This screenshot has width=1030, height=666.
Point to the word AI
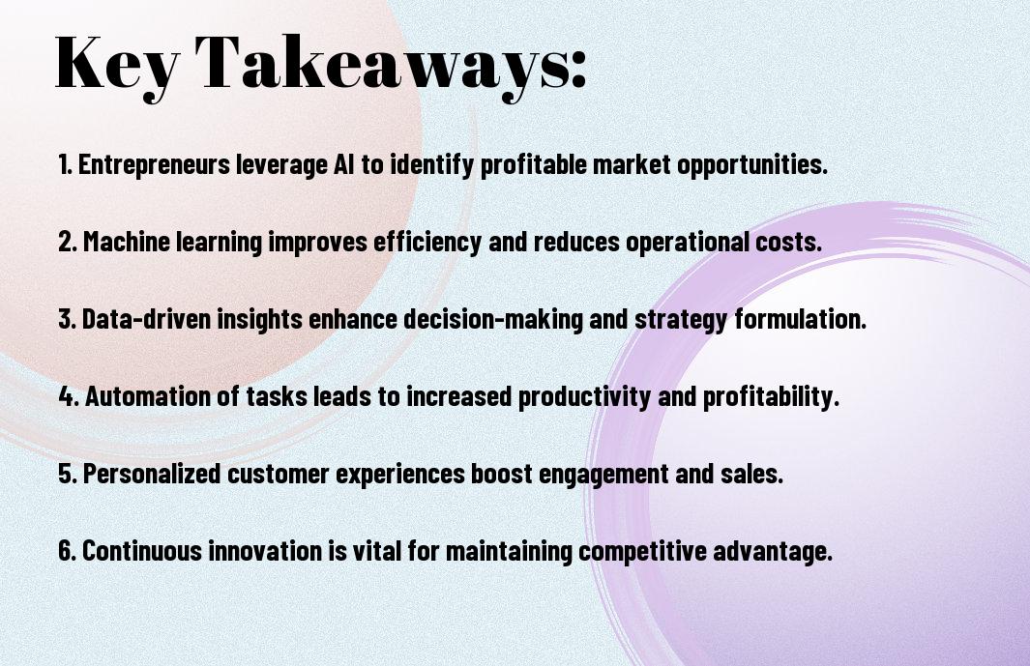pyautogui.click(x=343, y=164)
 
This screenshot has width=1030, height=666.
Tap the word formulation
pyautogui.click(x=801, y=319)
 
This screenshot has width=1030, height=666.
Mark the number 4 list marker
pyautogui.click(x=69, y=396)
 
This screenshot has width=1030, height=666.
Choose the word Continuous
pyautogui.click(x=142, y=551)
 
